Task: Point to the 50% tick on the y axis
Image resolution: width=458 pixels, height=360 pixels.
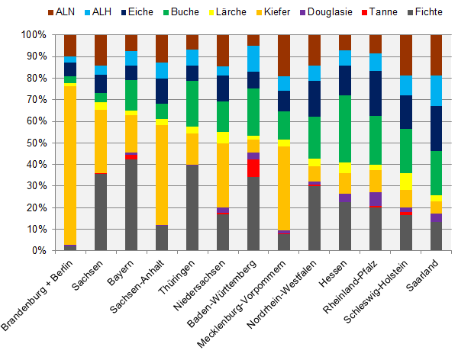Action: (35, 143)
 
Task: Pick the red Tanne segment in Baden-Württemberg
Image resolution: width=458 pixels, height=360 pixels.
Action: (253, 169)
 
